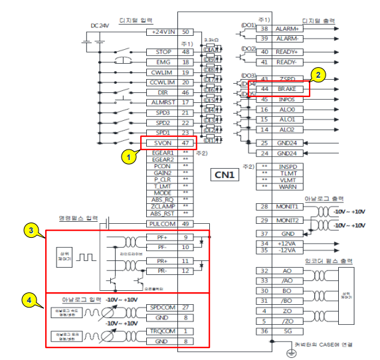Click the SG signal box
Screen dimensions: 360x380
click(287, 331)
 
